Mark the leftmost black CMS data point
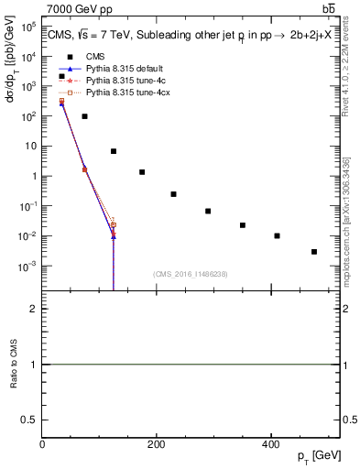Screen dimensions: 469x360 pos(61,76)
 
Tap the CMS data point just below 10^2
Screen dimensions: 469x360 pos(84,116)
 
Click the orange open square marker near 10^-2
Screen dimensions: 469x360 pos(114,224)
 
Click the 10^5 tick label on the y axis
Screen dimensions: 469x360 pos(28,27)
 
